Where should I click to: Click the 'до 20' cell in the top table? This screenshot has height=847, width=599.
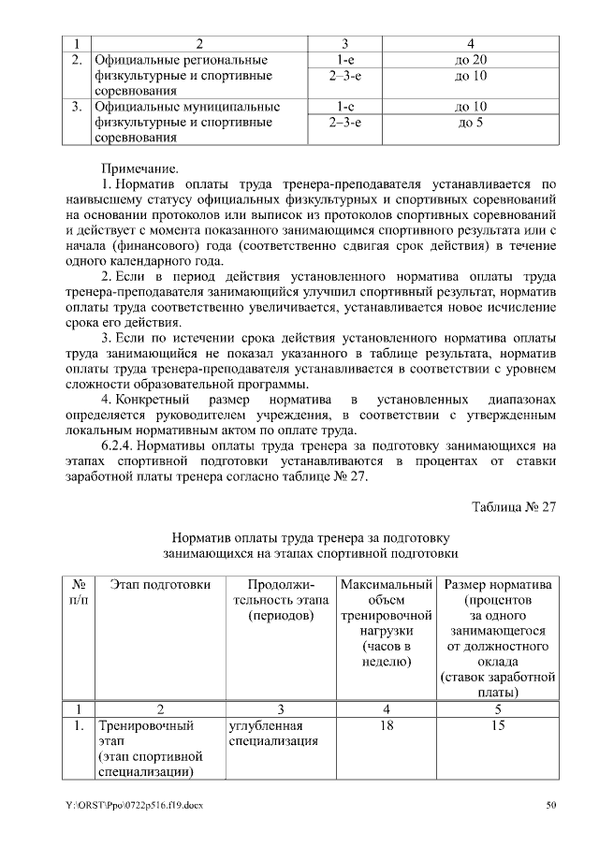click(469, 60)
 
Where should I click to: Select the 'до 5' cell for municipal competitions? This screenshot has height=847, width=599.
click(469, 123)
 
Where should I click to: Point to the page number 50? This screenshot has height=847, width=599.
click(551, 805)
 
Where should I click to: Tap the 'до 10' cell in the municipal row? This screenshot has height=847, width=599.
click(469, 107)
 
